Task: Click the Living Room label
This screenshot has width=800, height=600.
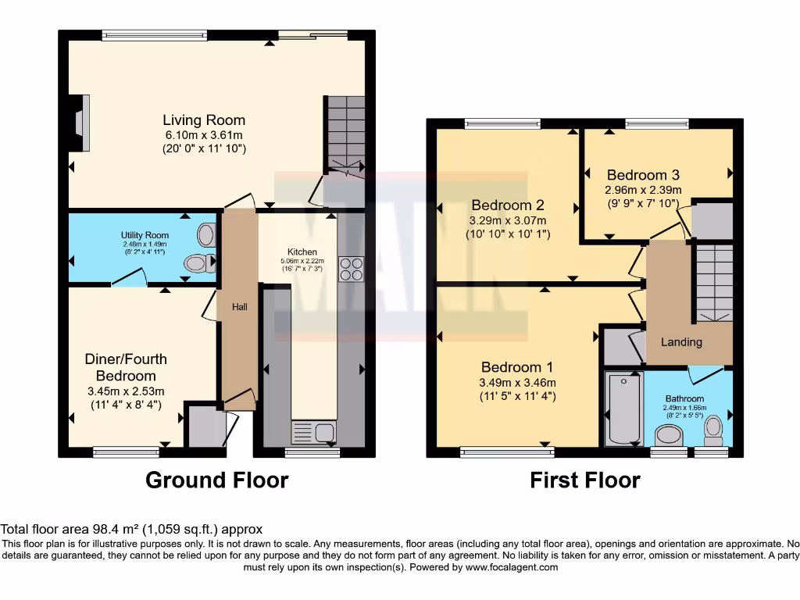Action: (203, 120)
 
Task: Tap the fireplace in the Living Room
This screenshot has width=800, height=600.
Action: (80, 122)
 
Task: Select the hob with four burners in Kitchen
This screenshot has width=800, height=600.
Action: (350, 269)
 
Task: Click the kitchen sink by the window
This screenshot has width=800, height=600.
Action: (312, 432)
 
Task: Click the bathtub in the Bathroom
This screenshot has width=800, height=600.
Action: (623, 409)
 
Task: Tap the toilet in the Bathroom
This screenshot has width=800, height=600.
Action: (712, 428)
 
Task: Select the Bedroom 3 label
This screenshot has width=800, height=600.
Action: (642, 175)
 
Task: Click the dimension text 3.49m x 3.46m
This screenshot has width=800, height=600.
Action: (516, 383)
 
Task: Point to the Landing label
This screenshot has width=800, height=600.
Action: (681, 342)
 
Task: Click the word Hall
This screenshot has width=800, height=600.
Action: (239, 307)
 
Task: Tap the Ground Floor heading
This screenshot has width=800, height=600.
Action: (216, 480)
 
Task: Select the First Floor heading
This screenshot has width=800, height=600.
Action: (584, 480)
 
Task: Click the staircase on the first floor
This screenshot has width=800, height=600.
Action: (712, 283)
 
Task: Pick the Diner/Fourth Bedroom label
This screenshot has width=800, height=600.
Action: (126, 367)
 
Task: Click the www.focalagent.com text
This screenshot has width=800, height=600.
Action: (512, 567)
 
